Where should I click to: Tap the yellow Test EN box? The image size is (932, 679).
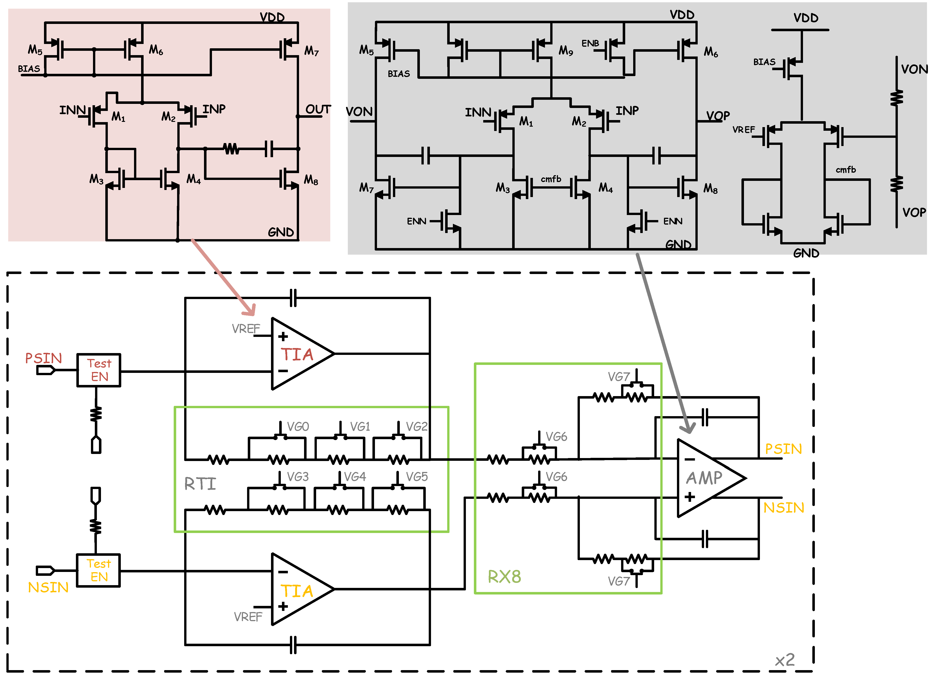pyautogui.click(x=99, y=571)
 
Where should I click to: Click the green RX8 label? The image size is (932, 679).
pyautogui.click(x=504, y=577)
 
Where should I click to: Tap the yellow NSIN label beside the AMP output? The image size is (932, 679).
pyautogui.click(x=784, y=508)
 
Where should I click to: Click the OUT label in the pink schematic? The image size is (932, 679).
pyautogui.click(x=318, y=109)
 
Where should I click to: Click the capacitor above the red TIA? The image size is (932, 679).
pyautogui.click(x=293, y=298)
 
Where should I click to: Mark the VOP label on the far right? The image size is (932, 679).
pyautogui.click(x=914, y=213)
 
